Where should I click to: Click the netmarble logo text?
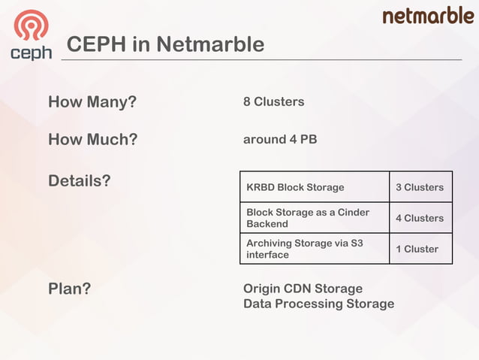click(428, 16)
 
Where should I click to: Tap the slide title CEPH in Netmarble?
click(165, 44)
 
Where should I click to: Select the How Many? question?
click(92, 101)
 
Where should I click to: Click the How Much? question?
click(92, 140)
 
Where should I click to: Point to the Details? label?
click(80, 181)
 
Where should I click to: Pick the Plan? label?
click(69, 289)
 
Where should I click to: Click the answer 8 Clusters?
click(273, 101)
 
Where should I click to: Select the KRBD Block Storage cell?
click(295, 187)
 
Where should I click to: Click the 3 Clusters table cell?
click(419, 187)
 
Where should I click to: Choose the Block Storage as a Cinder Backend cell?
click(308, 218)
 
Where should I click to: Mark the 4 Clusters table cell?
click(419, 218)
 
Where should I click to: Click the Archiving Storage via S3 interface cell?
click(305, 249)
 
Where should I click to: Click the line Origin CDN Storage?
click(303, 289)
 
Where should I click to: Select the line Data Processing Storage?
click(318, 304)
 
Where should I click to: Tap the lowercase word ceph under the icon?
click(31, 53)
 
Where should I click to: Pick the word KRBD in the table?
click(260, 187)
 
